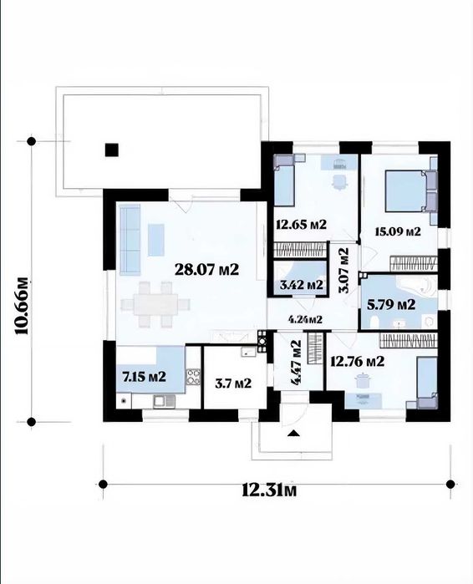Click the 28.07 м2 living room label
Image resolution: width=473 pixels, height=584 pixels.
click(206, 269)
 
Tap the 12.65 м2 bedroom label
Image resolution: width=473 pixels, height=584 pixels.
click(302, 224)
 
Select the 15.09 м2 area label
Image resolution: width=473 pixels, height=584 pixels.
click(398, 231)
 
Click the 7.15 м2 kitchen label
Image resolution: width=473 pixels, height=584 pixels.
click(145, 377)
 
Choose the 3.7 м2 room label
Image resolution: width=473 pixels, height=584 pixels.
click(233, 383)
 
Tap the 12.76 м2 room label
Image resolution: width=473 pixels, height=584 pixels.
click(358, 361)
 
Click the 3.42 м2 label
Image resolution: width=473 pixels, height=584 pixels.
click(302, 285)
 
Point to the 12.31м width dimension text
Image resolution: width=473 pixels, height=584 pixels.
click(269, 490)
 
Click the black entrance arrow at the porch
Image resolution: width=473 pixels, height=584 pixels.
click(294, 433)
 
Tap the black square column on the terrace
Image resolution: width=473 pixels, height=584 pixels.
click(112, 150)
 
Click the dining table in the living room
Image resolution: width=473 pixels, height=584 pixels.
click(156, 304)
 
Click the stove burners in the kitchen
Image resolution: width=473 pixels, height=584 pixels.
click(193, 377)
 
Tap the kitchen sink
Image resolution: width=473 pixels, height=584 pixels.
click(164, 401)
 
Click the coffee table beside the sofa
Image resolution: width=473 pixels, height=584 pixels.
click(156, 240)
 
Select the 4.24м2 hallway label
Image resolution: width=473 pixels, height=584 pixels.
click(305, 319)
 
